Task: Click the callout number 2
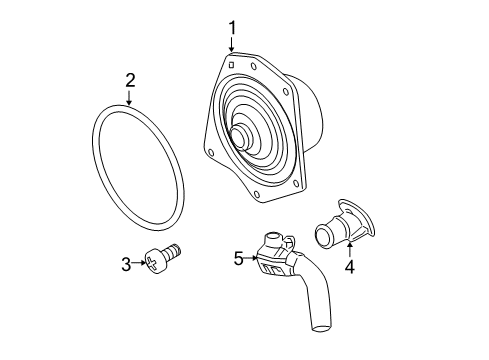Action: (x=130, y=79)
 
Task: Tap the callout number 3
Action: (x=126, y=264)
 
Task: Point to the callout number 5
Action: (x=239, y=258)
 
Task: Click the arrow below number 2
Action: (x=130, y=98)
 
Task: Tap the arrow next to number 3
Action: (x=140, y=264)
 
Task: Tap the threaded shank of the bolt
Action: (x=174, y=255)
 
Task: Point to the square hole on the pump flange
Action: (x=231, y=65)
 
